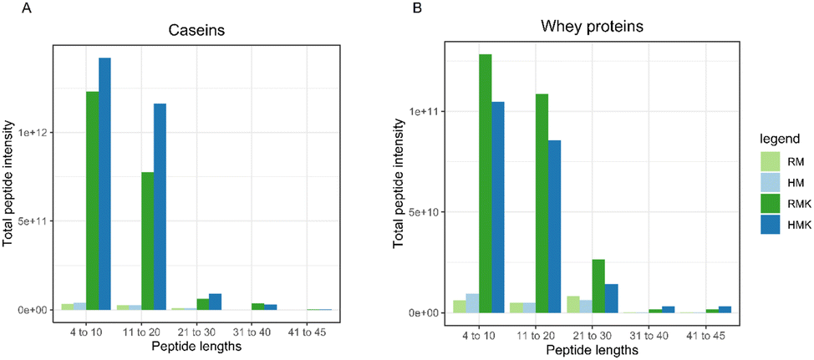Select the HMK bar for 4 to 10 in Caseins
(x=104, y=184)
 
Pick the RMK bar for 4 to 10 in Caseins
(x=92, y=200)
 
